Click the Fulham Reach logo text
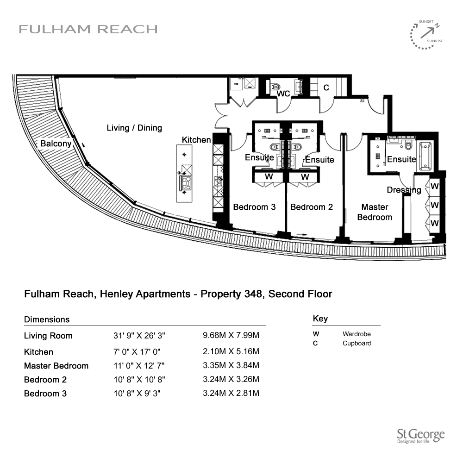pyautogui.click(x=88, y=29)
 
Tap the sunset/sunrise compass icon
pyautogui.click(x=427, y=34)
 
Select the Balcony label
pyautogui.click(x=56, y=144)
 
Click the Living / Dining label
pyautogui.click(x=134, y=128)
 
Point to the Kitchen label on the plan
pyautogui.click(x=196, y=140)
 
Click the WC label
pyautogui.click(x=283, y=94)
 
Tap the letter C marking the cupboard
pyautogui.click(x=326, y=88)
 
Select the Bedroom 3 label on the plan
pyautogui.click(x=254, y=207)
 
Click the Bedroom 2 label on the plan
pyautogui.click(x=312, y=207)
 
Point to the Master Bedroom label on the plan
pyautogui.click(x=375, y=212)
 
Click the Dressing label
pyautogui.click(x=404, y=190)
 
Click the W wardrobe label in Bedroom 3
pyautogui.click(x=268, y=177)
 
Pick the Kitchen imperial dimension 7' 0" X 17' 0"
pyautogui.click(x=139, y=351)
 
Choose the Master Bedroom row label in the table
pyautogui.click(x=56, y=366)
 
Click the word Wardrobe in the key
pyautogui.click(x=357, y=334)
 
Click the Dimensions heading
pyautogui.click(x=47, y=319)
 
